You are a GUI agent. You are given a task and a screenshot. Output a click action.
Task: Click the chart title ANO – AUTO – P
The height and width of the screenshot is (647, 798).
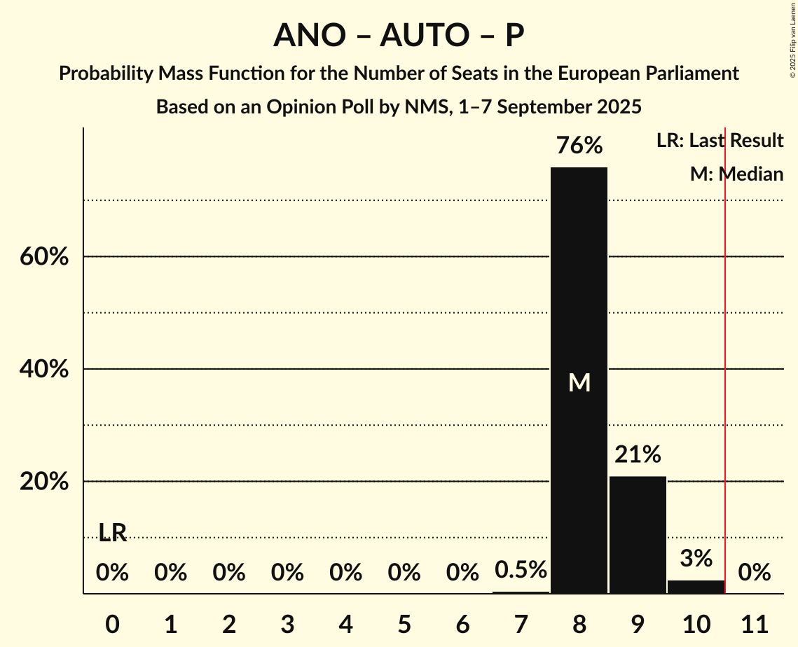(399, 35)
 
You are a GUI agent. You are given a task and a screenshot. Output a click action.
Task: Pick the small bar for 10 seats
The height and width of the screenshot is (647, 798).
(696, 587)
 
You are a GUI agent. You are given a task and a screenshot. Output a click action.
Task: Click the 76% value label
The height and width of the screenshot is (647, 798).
(579, 146)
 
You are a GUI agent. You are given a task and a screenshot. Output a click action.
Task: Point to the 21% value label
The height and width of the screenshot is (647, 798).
(638, 455)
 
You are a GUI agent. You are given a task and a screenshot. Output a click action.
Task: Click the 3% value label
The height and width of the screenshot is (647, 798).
(696, 558)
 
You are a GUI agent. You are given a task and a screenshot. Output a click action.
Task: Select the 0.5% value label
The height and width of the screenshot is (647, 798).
(521, 570)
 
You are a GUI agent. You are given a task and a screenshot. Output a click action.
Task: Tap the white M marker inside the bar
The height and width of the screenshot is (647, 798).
(579, 382)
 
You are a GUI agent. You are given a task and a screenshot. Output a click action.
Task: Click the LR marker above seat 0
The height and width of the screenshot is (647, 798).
(112, 533)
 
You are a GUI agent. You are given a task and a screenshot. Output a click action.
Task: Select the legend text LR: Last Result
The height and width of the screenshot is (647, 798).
(720, 141)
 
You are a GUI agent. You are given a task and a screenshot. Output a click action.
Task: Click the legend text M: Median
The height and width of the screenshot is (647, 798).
(736, 174)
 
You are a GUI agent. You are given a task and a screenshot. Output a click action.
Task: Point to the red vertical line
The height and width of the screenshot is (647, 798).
(725, 364)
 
